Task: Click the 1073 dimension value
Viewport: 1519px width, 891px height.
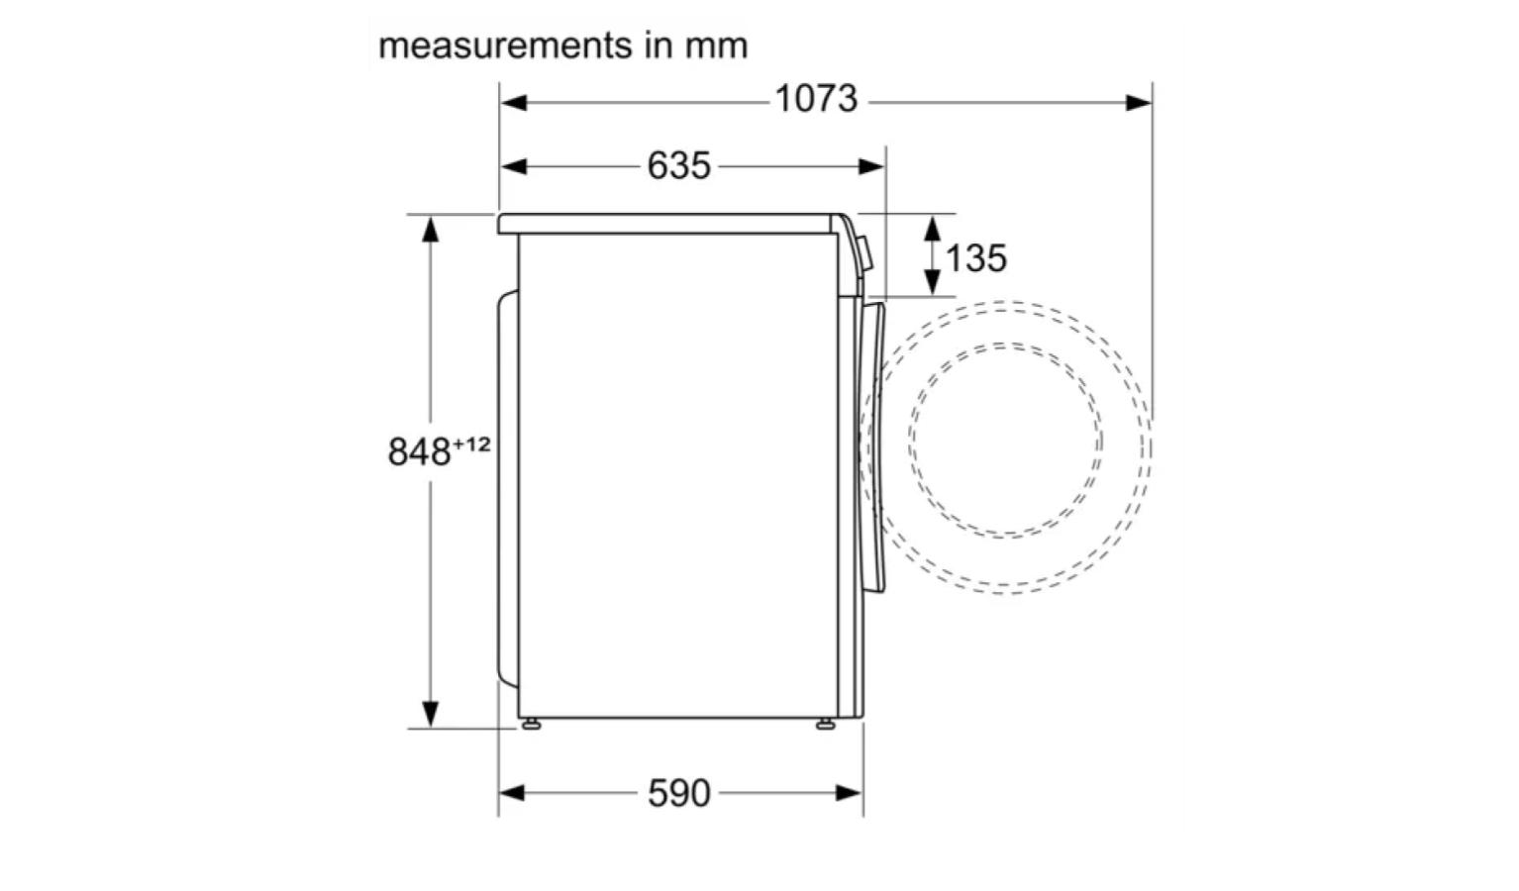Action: (x=815, y=100)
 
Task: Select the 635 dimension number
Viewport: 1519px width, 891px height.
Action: (x=678, y=165)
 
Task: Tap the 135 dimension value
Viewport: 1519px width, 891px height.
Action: (x=975, y=258)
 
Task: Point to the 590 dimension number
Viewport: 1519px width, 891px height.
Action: (x=678, y=793)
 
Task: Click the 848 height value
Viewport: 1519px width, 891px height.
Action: (x=419, y=452)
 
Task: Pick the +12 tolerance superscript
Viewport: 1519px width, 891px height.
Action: (x=471, y=444)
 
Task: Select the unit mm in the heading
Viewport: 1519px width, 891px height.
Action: (x=716, y=46)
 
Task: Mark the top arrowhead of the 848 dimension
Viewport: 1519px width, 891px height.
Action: (x=430, y=230)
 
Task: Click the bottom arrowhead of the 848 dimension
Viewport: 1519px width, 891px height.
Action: (x=430, y=713)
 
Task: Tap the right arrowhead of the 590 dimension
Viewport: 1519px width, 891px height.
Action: (x=850, y=792)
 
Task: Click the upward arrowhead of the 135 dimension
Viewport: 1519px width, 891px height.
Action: (x=933, y=229)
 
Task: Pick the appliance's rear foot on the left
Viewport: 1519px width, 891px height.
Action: (x=532, y=725)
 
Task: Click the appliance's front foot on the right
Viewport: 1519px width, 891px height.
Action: (x=825, y=725)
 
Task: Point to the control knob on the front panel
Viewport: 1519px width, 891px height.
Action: (x=865, y=253)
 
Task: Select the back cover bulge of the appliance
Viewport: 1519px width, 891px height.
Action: (x=507, y=485)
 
